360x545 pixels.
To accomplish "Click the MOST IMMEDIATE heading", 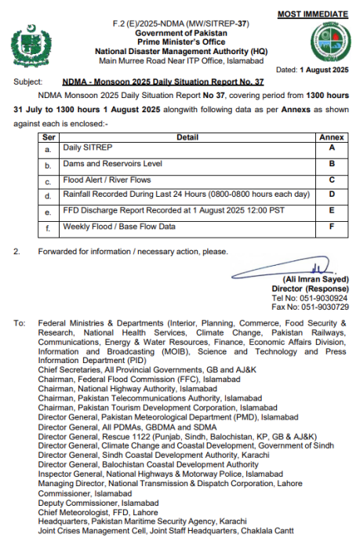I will click(314, 14).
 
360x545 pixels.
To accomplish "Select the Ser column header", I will click(48, 137).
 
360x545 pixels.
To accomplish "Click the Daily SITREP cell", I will click(83, 147).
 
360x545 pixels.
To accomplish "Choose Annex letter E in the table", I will click(331, 211).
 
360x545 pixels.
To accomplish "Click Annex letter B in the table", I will click(331, 165).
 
